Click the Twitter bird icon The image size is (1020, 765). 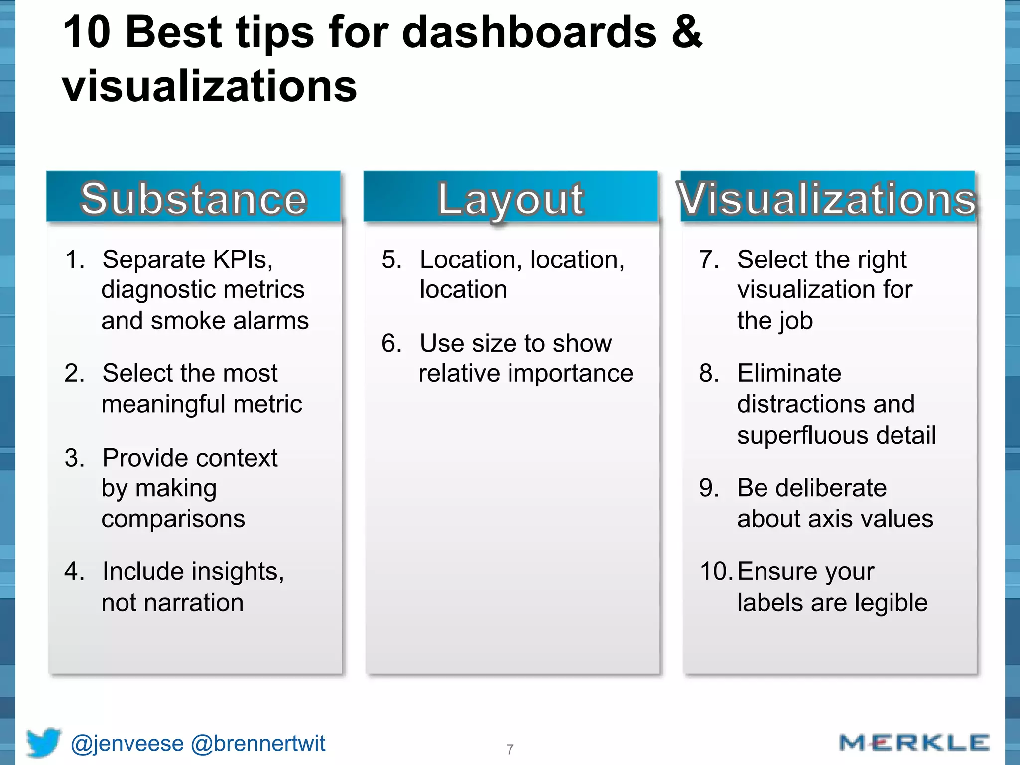44,742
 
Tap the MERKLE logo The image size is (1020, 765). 914,743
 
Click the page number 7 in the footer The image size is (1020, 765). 510,749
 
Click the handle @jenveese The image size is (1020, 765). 127,744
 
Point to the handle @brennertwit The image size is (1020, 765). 258,744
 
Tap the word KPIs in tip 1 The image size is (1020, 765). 243,259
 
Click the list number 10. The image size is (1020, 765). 716,571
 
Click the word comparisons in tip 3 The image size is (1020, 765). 173,519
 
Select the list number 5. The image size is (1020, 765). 391,260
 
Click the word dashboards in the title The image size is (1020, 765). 529,32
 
